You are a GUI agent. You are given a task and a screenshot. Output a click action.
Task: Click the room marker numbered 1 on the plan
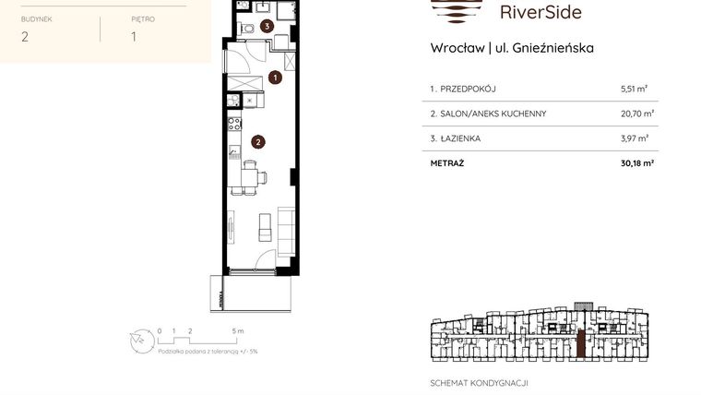(x=275, y=78)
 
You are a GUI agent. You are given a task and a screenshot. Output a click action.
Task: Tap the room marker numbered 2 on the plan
(x=258, y=142)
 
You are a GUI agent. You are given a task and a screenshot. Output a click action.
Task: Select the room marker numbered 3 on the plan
(x=267, y=27)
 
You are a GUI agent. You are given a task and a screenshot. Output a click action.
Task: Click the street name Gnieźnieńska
(x=553, y=48)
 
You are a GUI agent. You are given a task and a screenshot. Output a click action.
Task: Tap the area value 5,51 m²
(x=634, y=90)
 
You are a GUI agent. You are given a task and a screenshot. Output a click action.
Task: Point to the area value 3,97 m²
(x=634, y=138)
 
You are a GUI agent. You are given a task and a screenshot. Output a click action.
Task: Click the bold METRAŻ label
(x=446, y=162)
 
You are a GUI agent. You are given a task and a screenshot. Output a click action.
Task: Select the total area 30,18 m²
(x=636, y=162)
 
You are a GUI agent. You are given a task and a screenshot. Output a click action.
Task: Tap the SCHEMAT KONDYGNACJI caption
(x=479, y=382)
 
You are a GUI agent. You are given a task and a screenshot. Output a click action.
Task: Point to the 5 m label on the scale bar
(x=237, y=330)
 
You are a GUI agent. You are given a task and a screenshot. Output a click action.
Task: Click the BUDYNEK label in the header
(x=37, y=18)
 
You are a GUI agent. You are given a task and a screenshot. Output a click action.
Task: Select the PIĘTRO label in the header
(x=143, y=18)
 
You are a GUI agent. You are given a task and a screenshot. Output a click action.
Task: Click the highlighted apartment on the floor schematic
(x=580, y=344)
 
